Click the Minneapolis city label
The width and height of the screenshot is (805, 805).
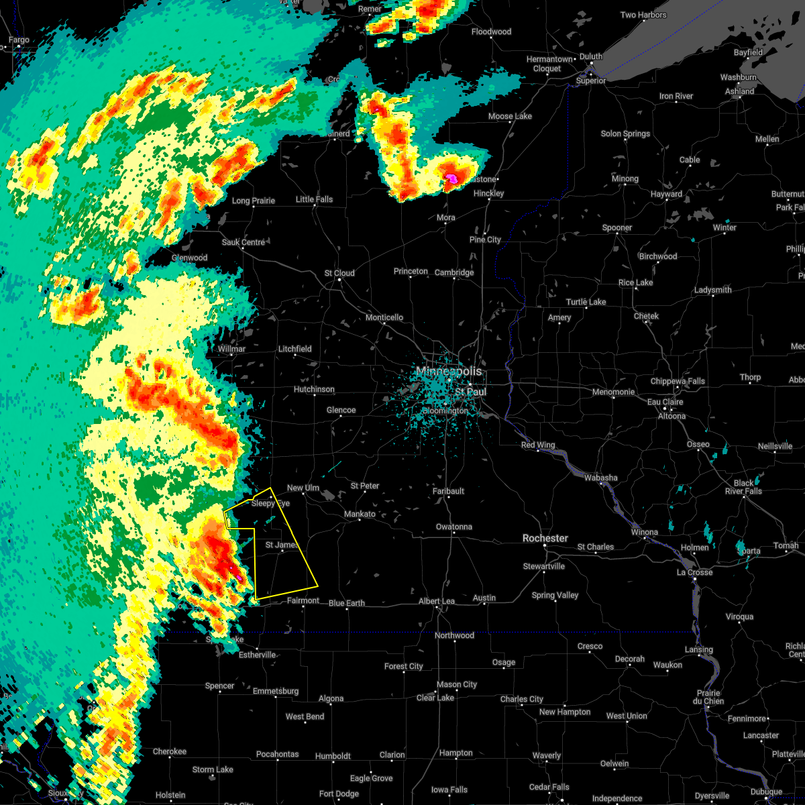pyautogui.click(x=449, y=371)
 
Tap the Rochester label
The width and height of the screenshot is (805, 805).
pyautogui.click(x=545, y=538)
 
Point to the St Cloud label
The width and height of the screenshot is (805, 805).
pyautogui.click(x=339, y=273)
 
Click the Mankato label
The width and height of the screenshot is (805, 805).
pyautogui.click(x=360, y=514)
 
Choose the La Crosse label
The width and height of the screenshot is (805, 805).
pyautogui.click(x=694, y=572)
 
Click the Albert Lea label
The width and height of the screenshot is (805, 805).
pyautogui.click(x=437, y=601)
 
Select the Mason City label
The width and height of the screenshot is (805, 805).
pyautogui.click(x=456, y=684)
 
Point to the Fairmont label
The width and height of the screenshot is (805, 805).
pyautogui.click(x=303, y=600)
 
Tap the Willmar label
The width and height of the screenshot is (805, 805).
pyautogui.click(x=231, y=349)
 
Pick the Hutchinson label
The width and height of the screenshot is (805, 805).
pyautogui.click(x=314, y=389)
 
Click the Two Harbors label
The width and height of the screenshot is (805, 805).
pyautogui.click(x=643, y=15)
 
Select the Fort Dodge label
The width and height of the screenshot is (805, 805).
pyautogui.click(x=339, y=794)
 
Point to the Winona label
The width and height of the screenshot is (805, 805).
pyautogui.click(x=645, y=532)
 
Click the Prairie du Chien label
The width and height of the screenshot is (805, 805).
pyautogui.click(x=709, y=697)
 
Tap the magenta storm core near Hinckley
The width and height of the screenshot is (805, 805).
pyautogui.click(x=452, y=178)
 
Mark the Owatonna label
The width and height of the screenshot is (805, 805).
pyautogui.click(x=454, y=527)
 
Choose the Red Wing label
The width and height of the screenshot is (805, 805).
pyautogui.click(x=537, y=445)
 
